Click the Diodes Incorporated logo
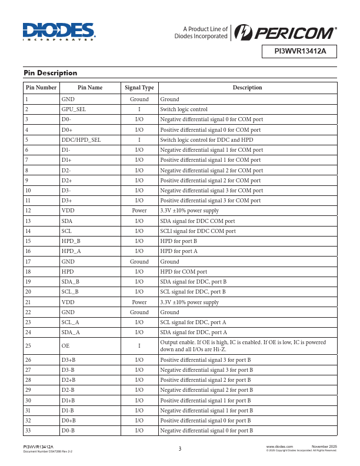[x=59, y=34]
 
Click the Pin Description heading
[x=50, y=73]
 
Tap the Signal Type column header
[x=139, y=88]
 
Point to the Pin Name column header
[x=90, y=88]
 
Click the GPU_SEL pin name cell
[x=74, y=109]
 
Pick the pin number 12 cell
[x=28, y=211]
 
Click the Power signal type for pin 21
[x=139, y=302]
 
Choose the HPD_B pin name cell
[x=71, y=241]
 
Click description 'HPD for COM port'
[x=184, y=272]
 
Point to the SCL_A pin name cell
[x=71, y=322]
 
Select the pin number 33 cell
[x=28, y=431]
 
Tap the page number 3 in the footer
[x=180, y=449]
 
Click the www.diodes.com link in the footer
[x=280, y=448]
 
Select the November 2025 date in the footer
[x=324, y=448]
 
